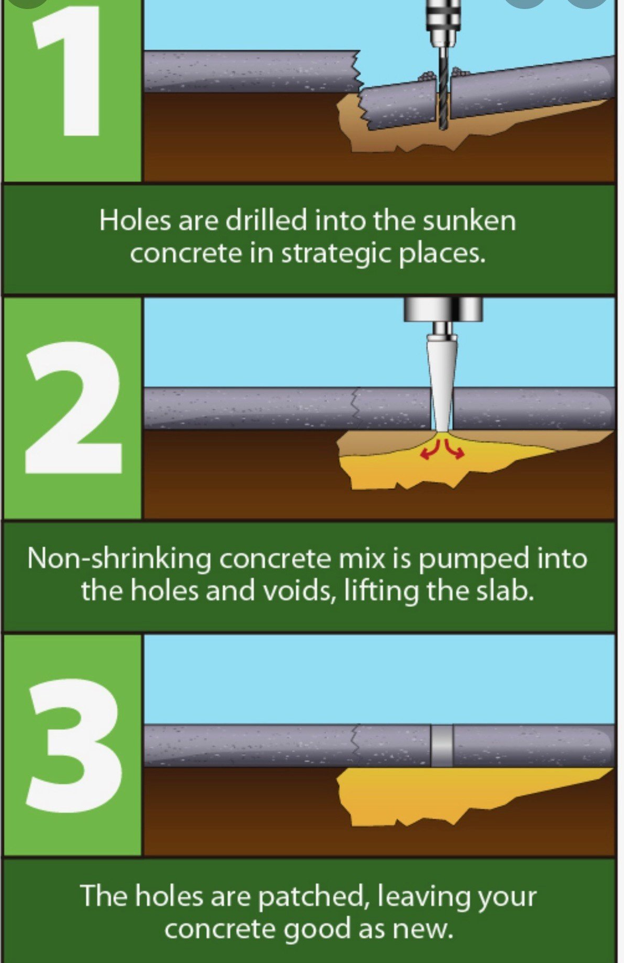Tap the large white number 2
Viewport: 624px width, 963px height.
pos(74,408)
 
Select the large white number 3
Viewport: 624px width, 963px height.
pos(74,745)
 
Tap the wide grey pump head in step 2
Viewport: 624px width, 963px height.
pos(443,309)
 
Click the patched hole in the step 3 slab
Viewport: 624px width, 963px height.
pos(441,746)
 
